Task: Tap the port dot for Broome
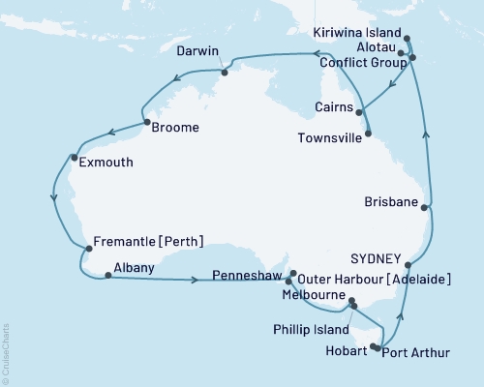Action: pos(145,123)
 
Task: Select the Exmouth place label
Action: pos(106,164)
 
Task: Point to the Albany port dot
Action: pos(106,276)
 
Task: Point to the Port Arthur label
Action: pos(416,351)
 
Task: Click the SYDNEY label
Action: pos(375,259)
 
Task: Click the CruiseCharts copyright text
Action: pos(7,349)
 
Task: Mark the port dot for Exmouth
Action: pos(75,157)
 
